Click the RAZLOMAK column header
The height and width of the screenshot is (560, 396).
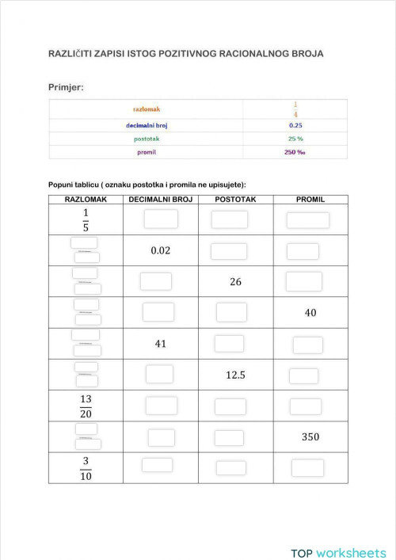click(x=86, y=200)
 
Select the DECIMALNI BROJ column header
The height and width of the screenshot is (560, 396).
click(x=161, y=200)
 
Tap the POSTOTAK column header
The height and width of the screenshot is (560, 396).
click(x=234, y=200)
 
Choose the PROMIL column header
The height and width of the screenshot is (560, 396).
click(x=310, y=200)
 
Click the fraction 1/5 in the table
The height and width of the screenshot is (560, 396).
click(x=86, y=220)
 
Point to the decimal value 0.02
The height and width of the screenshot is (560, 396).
click(x=161, y=251)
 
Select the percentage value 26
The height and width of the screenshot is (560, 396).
click(x=235, y=281)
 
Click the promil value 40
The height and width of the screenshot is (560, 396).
click(x=310, y=313)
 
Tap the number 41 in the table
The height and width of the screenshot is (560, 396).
click(x=161, y=344)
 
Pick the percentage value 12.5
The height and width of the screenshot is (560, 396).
click(x=235, y=375)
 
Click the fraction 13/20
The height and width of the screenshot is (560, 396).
click(x=86, y=406)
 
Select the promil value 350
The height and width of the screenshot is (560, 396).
click(x=310, y=436)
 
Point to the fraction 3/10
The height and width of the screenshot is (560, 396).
click(x=86, y=467)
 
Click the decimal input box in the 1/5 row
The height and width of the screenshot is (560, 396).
click(x=161, y=219)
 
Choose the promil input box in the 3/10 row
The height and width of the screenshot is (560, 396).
click(x=307, y=467)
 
